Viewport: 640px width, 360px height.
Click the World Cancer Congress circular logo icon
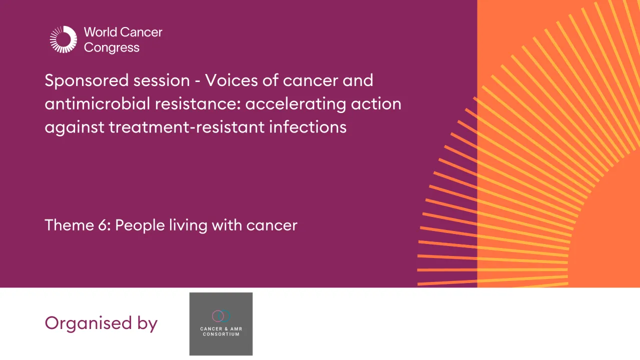click(64, 39)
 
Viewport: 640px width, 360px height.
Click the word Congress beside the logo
click(111, 48)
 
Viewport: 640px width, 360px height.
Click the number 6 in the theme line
click(103, 225)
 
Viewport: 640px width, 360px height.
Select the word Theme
click(68, 225)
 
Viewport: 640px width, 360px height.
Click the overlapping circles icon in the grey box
click(221, 315)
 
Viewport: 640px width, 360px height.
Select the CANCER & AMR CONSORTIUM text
click(221, 331)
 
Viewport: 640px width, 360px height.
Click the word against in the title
click(74, 127)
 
